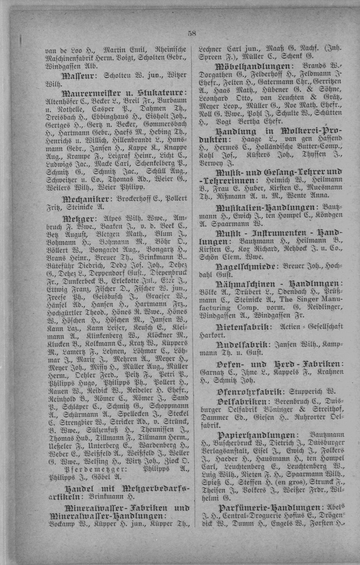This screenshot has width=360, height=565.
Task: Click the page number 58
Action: tap(192, 33)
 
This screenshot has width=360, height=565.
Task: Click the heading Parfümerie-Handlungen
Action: tap(269, 508)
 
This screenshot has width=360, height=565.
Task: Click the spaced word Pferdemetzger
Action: tap(85, 469)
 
